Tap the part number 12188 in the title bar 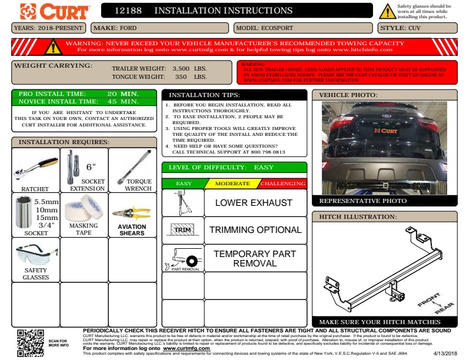[128, 11]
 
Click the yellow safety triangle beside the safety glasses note [387, 11]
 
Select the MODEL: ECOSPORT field [302, 28]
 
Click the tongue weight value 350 [181, 76]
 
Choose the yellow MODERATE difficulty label [232, 184]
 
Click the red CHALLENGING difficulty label [283, 184]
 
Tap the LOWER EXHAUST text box [254, 203]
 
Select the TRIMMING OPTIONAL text [255, 230]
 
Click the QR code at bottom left [31, 342]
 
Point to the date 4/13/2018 [444, 353]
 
